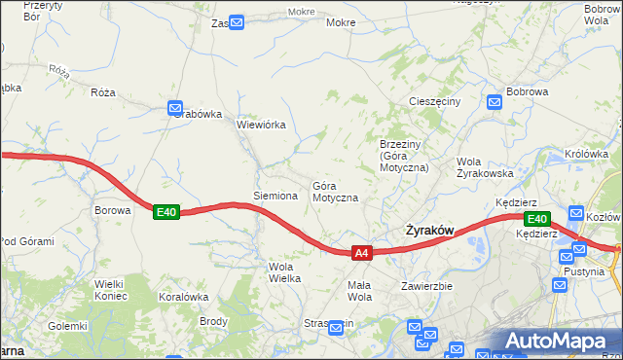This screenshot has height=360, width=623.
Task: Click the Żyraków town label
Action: (428, 231)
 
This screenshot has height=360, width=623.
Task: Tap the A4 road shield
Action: (361, 253)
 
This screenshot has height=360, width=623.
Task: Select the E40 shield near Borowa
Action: (165, 212)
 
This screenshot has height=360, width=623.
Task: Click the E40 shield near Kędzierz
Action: (537, 219)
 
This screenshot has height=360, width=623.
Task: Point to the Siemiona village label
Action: (275, 196)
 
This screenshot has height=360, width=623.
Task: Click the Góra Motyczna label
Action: (335, 192)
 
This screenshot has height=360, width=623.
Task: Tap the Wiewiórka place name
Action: (261, 125)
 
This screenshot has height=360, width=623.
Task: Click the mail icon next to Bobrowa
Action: (495, 99)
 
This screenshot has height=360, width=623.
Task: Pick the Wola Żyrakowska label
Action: (484, 167)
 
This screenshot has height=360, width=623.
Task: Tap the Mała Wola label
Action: (360, 291)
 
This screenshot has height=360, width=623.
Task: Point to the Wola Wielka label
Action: (283, 272)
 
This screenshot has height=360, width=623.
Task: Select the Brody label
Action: (213, 321)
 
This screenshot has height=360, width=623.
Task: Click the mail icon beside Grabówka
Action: (175, 108)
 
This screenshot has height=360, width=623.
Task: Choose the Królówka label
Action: (586, 154)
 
